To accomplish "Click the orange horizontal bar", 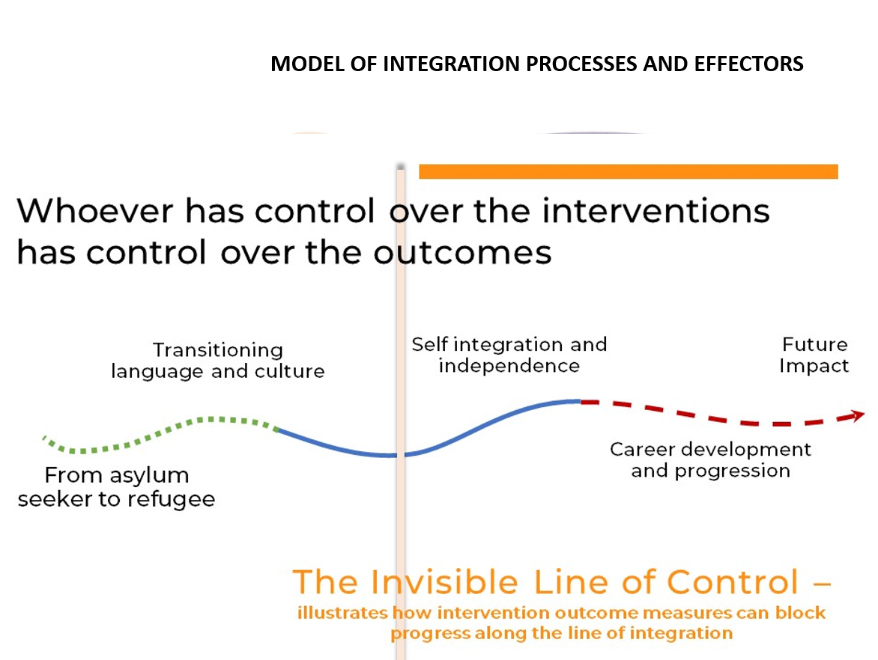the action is [x=629, y=171].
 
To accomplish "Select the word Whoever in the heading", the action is [x=95, y=211].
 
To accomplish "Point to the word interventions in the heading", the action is [x=656, y=211].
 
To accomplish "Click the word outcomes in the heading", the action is [x=462, y=253].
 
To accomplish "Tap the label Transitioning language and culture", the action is [x=218, y=361].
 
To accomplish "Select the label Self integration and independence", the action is [x=509, y=355].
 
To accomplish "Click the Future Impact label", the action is [x=814, y=355].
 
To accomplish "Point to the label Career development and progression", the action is [x=711, y=459].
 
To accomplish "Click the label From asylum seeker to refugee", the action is [x=116, y=486].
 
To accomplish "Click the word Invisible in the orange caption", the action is [x=443, y=582].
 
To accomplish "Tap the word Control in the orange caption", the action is [x=733, y=582].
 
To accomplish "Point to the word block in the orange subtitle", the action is [x=800, y=613].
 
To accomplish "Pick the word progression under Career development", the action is [x=733, y=471].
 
